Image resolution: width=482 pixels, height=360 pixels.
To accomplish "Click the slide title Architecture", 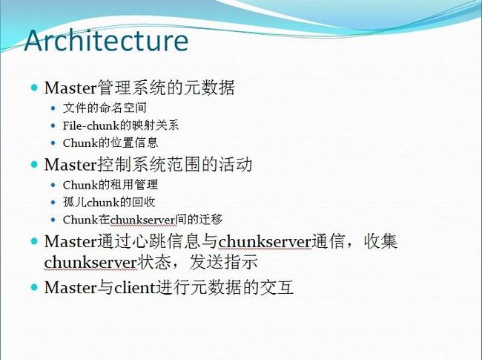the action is [106, 40].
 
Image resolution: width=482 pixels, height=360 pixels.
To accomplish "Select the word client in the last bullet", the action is [135, 287].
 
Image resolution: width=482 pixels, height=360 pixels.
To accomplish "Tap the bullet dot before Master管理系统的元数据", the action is [34, 88].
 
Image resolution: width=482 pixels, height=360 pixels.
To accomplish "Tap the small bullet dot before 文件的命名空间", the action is [53, 108].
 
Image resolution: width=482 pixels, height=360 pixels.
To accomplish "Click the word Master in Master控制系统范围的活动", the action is [70, 165].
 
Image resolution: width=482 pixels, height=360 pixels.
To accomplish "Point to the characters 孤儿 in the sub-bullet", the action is [75, 202].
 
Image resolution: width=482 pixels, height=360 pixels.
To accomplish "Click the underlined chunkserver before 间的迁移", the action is [142, 220].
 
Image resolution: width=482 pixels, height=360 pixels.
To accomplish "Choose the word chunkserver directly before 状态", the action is [90, 262].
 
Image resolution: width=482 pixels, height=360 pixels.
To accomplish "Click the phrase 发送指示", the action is [223, 262].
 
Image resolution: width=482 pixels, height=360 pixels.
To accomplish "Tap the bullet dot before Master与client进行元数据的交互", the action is [34, 287].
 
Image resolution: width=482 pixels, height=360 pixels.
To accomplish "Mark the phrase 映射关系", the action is [156, 125].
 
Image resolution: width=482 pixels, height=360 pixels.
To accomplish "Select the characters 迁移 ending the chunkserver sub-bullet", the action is [211, 220].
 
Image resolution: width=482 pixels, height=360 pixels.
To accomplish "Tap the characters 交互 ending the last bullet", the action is [277, 287].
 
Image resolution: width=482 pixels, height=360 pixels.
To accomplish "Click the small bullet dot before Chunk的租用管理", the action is [53, 185].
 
